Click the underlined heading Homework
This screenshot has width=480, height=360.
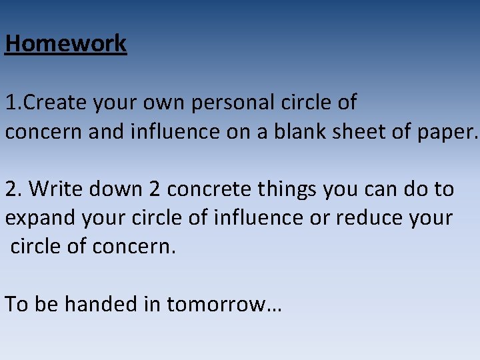(65, 44)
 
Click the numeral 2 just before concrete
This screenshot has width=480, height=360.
(155, 189)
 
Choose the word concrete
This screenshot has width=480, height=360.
(209, 190)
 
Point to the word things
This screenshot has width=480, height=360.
(287, 190)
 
